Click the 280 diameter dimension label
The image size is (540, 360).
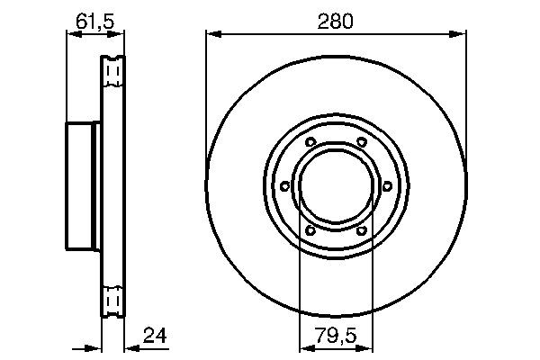pyautogui.click(x=336, y=20)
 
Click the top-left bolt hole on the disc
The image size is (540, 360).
pyautogui.click(x=310, y=143)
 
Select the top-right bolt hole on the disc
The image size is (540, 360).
pyautogui.click(x=362, y=143)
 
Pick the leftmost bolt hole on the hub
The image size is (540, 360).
pyautogui.click(x=284, y=186)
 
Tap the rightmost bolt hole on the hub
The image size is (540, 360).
pyautogui.click(x=387, y=186)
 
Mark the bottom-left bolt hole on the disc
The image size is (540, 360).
pyautogui.click(x=310, y=230)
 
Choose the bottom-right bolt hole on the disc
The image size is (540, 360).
pyautogui.click(x=362, y=230)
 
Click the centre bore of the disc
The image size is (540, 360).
pyautogui.click(x=336, y=186)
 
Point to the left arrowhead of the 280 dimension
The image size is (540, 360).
pyautogui.click(x=211, y=35)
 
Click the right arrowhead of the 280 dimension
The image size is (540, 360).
pyautogui.click(x=460, y=35)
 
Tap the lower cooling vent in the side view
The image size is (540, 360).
pyautogui.click(x=113, y=300)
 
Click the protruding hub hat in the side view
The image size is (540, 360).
pyautogui.click(x=84, y=186)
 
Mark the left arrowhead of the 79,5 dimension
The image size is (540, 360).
pyautogui.click(x=303, y=350)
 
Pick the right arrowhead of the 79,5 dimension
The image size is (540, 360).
pyautogui.click(x=368, y=350)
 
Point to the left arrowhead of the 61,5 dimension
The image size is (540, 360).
pyautogui.click(x=73, y=35)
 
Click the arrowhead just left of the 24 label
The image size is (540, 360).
pyautogui.click(x=131, y=350)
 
